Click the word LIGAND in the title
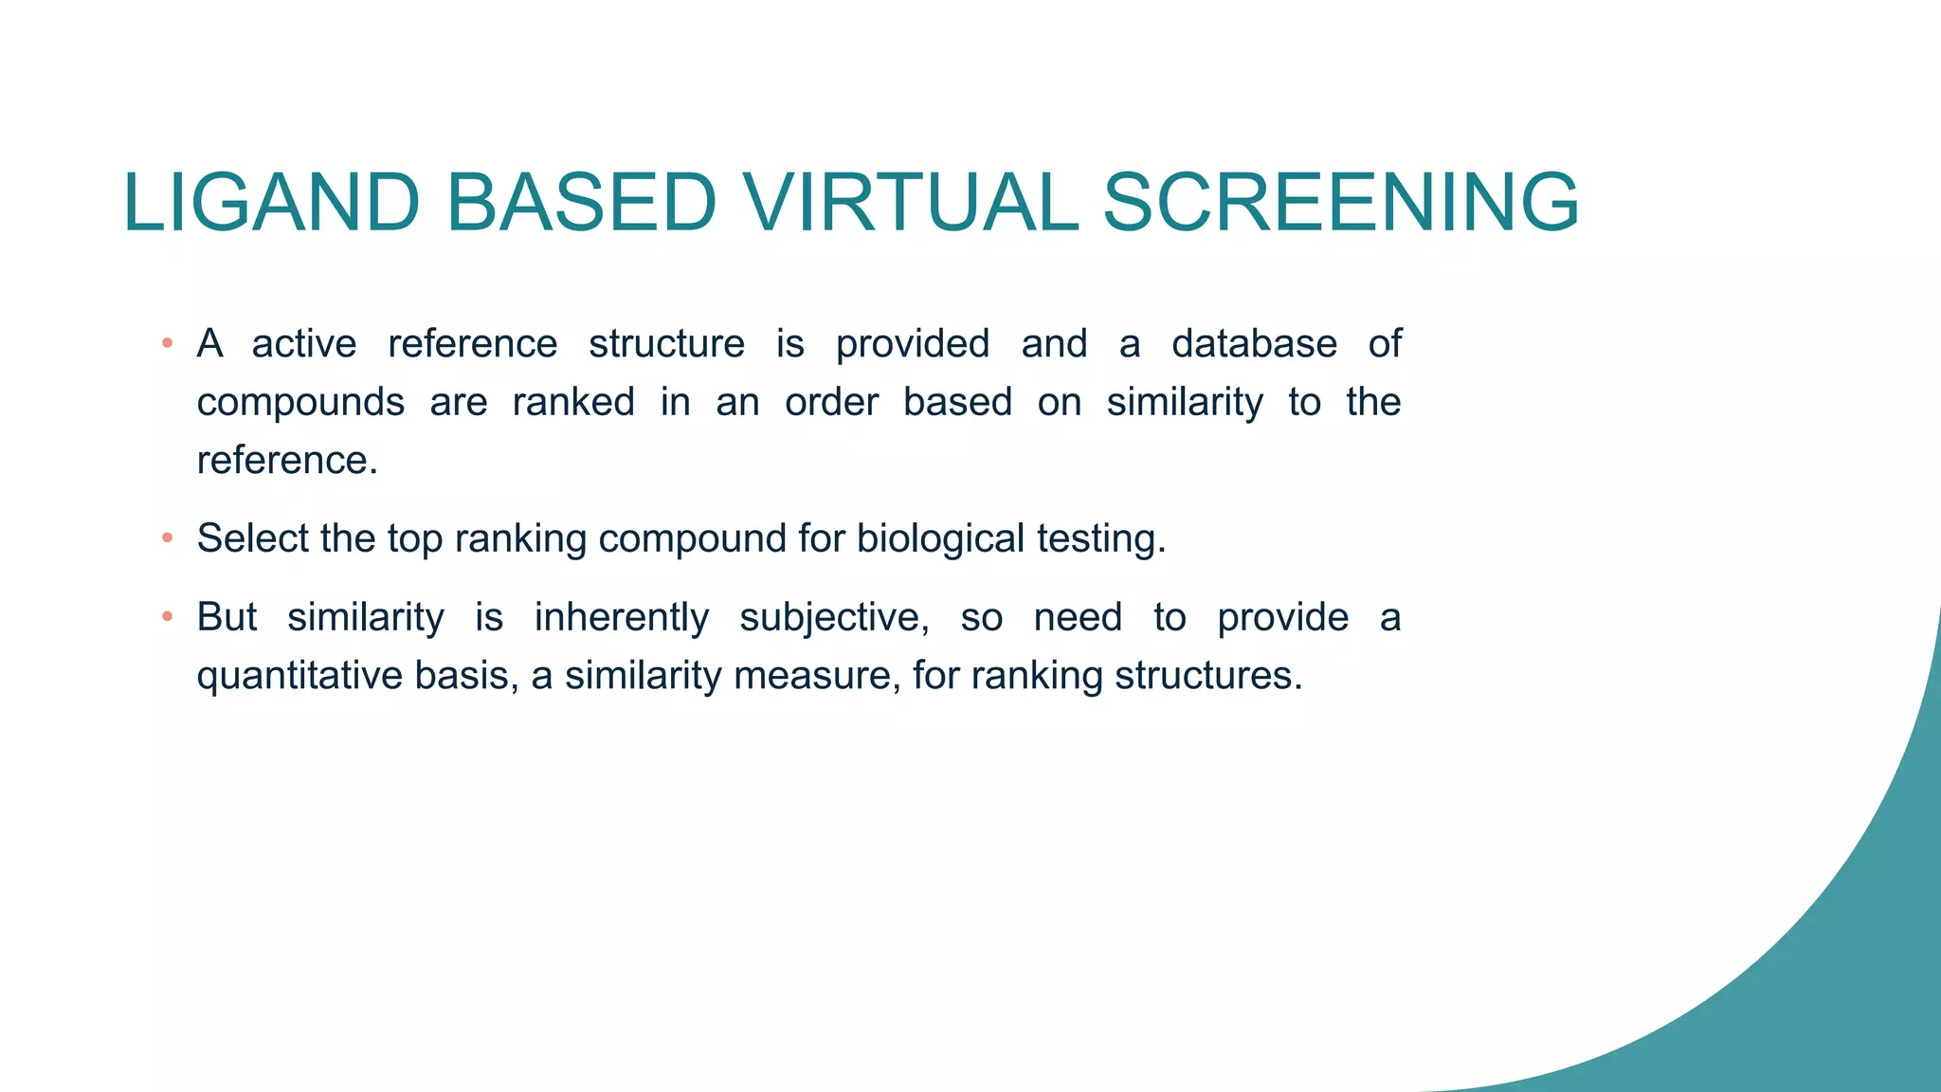(x=271, y=203)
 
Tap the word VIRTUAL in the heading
(x=910, y=203)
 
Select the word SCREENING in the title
(x=1340, y=203)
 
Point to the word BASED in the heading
(x=580, y=203)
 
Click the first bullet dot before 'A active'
(x=167, y=343)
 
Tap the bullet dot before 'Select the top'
(x=167, y=538)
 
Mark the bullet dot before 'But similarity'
(x=167, y=617)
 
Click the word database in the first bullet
(x=1253, y=343)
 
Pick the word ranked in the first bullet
(x=573, y=402)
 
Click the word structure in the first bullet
(x=666, y=343)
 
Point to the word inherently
(x=621, y=618)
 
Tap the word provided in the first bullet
(x=912, y=344)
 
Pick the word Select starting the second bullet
(x=252, y=538)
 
